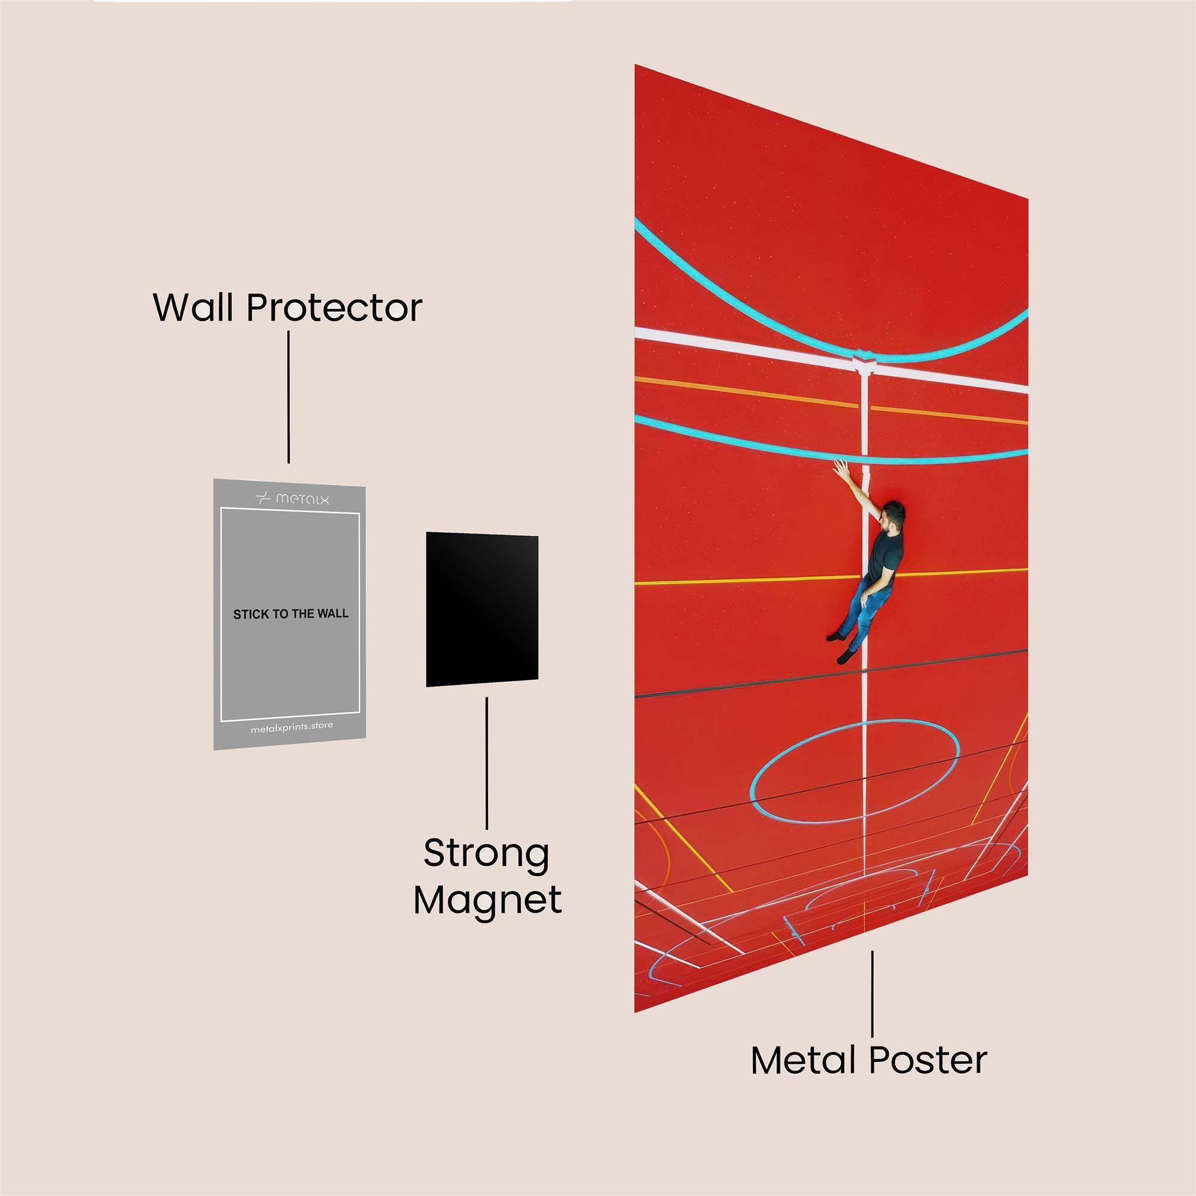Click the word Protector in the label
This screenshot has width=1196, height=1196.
point(334,307)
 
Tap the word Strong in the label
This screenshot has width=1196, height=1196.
point(487,854)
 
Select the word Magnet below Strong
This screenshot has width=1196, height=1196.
point(488,900)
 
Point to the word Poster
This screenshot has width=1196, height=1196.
point(928,1060)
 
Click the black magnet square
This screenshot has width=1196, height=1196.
point(481,610)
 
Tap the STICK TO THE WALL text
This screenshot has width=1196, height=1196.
point(291,614)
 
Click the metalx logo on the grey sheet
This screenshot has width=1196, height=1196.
point(292,498)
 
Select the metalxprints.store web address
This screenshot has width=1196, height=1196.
point(292,727)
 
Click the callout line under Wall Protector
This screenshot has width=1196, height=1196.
point(288,396)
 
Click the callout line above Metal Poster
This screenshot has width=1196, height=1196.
point(872,993)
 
